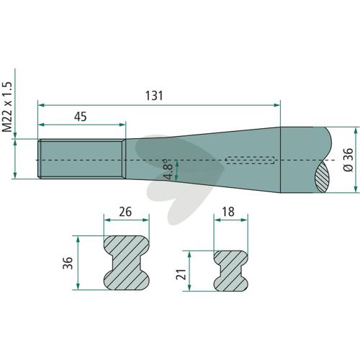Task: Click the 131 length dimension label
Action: [154, 96]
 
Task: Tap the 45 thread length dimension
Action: [81, 117]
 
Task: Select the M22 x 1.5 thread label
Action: [6, 107]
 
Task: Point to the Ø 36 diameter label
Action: [348, 160]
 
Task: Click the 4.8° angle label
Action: [168, 168]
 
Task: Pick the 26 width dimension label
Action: [125, 212]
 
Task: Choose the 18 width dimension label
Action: [228, 212]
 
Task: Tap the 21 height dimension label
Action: [181, 274]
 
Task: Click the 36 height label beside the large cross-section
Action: [68, 263]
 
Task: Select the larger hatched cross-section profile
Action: [127, 263]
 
